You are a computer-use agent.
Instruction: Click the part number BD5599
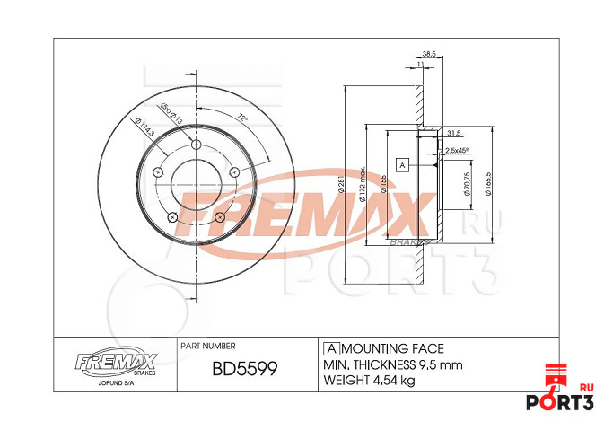coord(242,370)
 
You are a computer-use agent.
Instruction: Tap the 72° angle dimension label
coord(242,118)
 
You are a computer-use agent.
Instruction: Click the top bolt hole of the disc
coord(197,145)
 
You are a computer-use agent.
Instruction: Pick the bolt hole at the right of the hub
coord(234,171)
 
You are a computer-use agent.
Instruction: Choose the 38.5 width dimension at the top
coord(428,54)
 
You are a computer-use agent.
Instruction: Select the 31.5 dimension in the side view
coord(454,133)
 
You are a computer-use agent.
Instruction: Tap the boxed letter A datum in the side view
coord(402,165)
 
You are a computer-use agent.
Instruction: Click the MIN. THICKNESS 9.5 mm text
coord(391,365)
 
